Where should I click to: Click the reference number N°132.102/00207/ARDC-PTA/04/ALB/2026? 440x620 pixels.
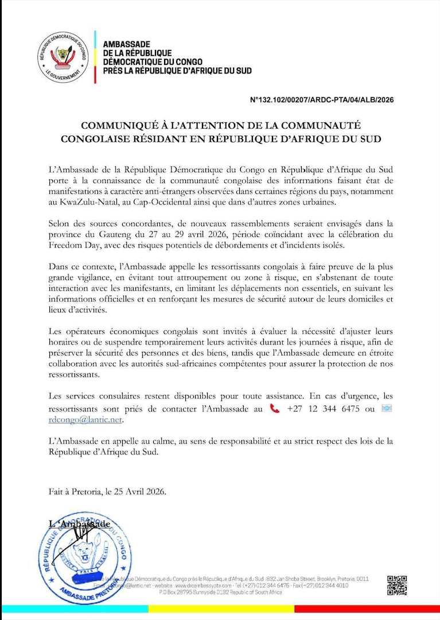pos(322,99)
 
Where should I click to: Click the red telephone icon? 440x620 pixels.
pos(275,408)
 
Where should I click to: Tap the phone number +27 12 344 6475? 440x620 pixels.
pos(323,409)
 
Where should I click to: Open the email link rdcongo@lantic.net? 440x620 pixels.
pos(85,420)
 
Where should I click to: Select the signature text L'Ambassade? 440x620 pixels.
pos(79,524)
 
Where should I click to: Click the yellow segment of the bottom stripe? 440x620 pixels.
pos(221,608)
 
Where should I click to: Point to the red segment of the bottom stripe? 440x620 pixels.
pos(367,608)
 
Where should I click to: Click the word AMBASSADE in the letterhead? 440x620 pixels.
pos(127,45)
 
